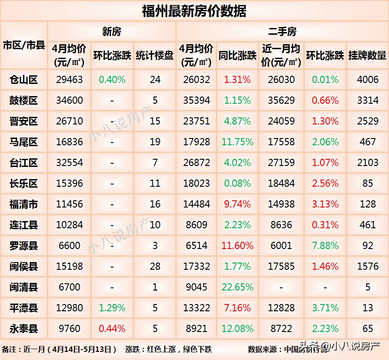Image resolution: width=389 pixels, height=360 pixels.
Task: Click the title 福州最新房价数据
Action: pyautogui.click(x=194, y=11)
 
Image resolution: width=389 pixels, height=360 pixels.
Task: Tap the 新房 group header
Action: pyautogui.click(x=111, y=32)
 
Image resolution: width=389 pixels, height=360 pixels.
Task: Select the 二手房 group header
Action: pyautogui.click(x=282, y=32)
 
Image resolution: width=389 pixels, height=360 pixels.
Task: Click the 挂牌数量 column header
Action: pyautogui.click(x=367, y=55)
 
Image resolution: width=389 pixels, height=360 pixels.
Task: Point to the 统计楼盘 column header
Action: pyautogui.click(x=155, y=55)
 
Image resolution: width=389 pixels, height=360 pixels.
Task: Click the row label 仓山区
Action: pyautogui.click(x=23, y=80)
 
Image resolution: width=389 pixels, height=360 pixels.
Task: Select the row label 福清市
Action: pyautogui.click(x=23, y=204)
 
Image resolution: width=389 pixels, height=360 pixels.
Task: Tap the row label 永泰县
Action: pyautogui.click(x=23, y=329)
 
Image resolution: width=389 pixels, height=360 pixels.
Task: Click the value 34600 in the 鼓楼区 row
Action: pyautogui.click(x=69, y=101)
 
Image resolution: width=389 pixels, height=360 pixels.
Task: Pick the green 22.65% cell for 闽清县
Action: pyautogui.click(x=237, y=287)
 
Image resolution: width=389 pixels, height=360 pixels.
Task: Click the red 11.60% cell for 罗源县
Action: pyautogui.click(x=237, y=246)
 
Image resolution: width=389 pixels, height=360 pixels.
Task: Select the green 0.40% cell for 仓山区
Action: pyautogui.click(x=112, y=80)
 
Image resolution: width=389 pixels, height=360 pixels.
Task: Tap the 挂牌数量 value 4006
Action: pyautogui.click(x=368, y=80)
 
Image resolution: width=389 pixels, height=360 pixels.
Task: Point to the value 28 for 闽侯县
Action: pyautogui.click(x=155, y=267)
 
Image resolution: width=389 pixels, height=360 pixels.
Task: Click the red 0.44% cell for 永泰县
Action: pyautogui.click(x=112, y=329)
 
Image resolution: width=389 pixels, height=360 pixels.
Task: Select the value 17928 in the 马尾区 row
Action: pyautogui.click(x=196, y=142)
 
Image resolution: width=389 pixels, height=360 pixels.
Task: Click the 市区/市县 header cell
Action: pyautogui.click(x=23, y=45)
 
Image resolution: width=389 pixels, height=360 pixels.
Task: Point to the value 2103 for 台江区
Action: pyautogui.click(x=368, y=163)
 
